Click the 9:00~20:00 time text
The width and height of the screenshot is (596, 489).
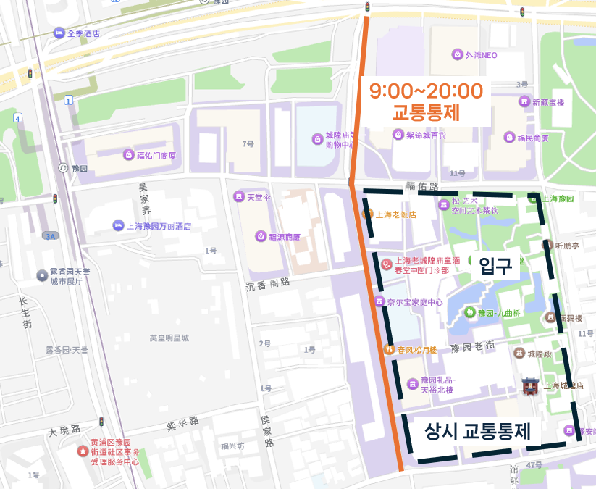(x=426, y=91)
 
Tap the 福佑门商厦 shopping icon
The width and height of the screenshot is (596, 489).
(x=129, y=155)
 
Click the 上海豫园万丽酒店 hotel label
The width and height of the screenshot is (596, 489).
(x=159, y=226)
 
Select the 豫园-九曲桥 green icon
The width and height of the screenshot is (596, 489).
(x=470, y=312)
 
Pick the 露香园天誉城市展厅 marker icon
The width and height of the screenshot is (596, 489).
(x=42, y=275)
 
